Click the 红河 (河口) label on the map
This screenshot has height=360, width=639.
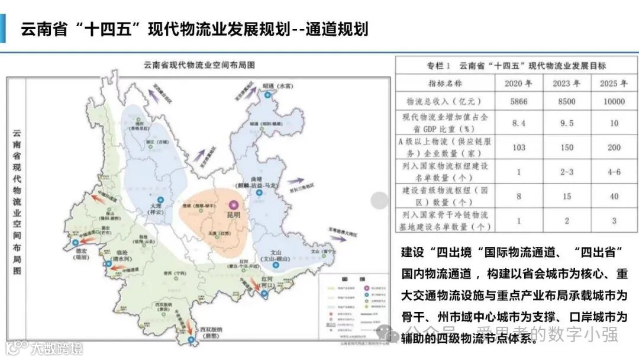click(270, 281)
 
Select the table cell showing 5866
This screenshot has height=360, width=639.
click(518, 101)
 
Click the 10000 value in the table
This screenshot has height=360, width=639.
click(613, 101)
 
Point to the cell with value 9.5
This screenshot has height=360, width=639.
click(566, 124)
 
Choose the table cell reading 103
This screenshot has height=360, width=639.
click(518, 147)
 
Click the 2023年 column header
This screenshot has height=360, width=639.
click(566, 83)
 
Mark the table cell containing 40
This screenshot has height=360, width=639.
click(613, 196)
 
